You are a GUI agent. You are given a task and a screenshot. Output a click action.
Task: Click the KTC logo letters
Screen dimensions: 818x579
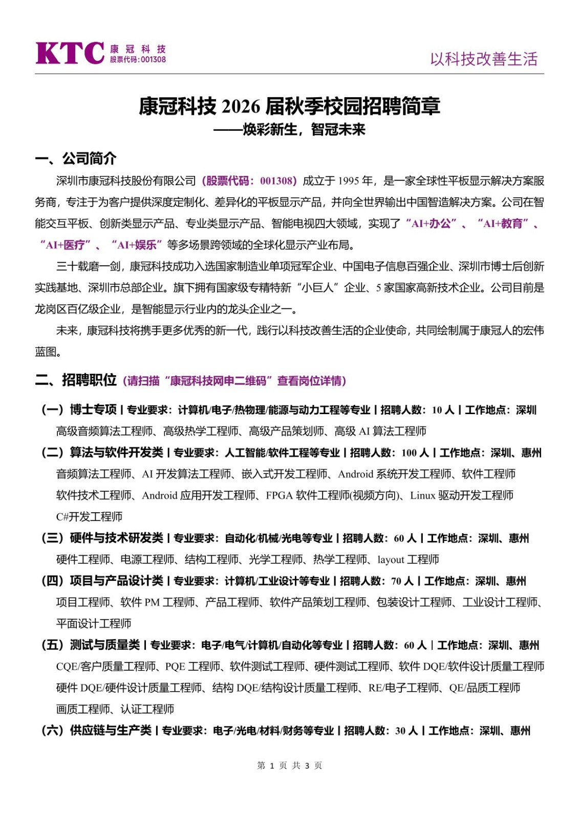pyautogui.click(x=70, y=53)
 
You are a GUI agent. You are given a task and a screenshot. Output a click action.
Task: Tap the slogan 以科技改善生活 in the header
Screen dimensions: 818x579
pyautogui.click(x=483, y=59)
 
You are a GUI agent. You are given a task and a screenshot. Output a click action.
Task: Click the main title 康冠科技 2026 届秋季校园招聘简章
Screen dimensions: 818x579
pyautogui.click(x=289, y=106)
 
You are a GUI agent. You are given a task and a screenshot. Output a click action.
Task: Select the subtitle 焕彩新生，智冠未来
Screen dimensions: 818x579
pyautogui.click(x=304, y=130)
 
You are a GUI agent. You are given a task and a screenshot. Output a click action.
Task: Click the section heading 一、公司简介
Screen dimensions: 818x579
pyautogui.click(x=76, y=158)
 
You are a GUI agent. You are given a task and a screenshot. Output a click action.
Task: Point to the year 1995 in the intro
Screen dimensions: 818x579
pyautogui.click(x=348, y=181)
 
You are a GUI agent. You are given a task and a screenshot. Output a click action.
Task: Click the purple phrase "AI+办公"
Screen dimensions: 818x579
pyautogui.click(x=431, y=223)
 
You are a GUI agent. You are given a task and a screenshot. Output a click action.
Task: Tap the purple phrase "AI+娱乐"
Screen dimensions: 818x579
pyautogui.click(x=137, y=245)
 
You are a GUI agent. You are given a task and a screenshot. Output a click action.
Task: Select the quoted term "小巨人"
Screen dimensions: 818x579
pyautogui.click(x=317, y=288)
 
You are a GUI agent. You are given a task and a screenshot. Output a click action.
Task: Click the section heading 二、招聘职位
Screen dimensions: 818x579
pyautogui.click(x=76, y=380)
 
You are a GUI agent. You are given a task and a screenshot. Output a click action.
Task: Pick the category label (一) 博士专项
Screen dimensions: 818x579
pyautogui.click(x=79, y=410)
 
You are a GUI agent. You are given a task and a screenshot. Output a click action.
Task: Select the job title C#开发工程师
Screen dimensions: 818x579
pyautogui.click(x=89, y=517)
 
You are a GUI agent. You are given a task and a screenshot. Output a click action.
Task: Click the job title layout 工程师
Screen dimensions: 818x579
pyautogui.click(x=408, y=560)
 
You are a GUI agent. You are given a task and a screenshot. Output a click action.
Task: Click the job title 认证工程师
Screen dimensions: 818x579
pyautogui.click(x=147, y=709)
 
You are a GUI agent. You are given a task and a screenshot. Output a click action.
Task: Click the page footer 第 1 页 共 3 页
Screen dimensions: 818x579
pyautogui.click(x=289, y=765)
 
